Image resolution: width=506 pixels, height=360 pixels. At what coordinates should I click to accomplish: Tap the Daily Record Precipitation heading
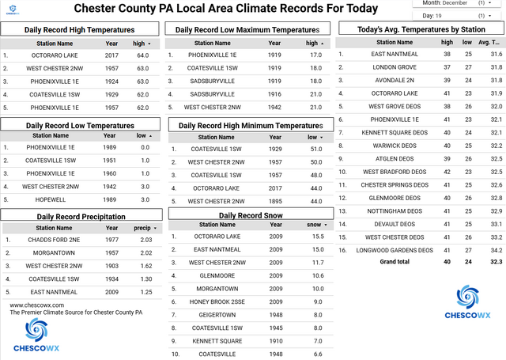pyautogui.click(x=75, y=216)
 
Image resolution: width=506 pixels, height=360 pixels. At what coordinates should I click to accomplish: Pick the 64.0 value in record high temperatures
pyautogui.click(x=142, y=55)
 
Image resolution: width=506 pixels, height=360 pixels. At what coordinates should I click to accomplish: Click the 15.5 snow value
pyautogui.click(x=315, y=237)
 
